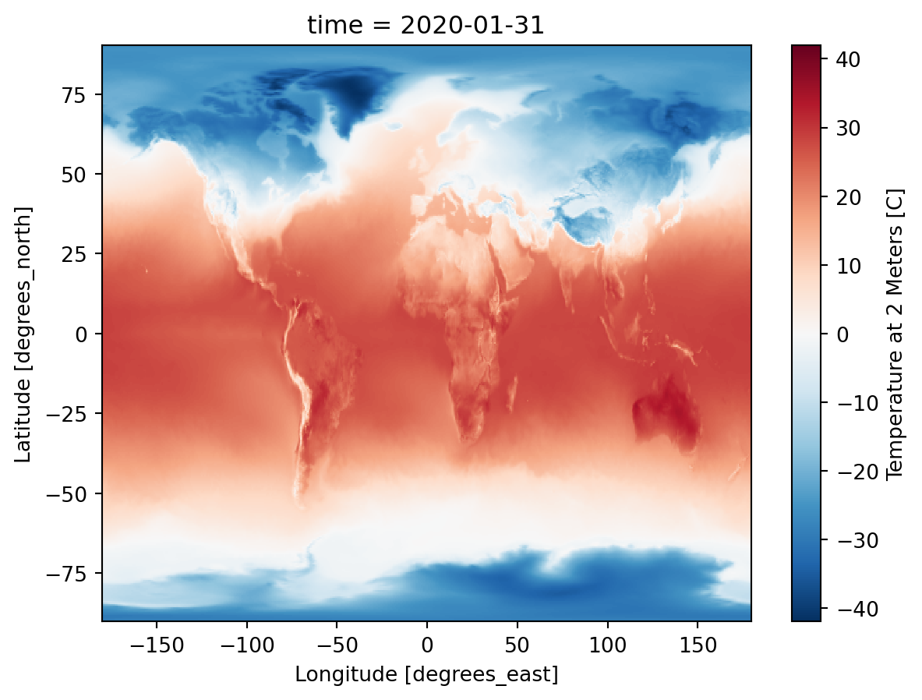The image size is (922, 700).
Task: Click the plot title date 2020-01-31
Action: tap(426, 25)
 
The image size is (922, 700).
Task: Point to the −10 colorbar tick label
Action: tap(840, 403)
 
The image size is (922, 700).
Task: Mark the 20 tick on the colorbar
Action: tap(844, 197)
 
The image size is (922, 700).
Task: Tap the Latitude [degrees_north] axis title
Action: tap(25, 334)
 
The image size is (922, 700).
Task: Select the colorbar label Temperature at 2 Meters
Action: tap(894, 334)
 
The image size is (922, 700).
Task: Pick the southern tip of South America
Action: tap(302, 496)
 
